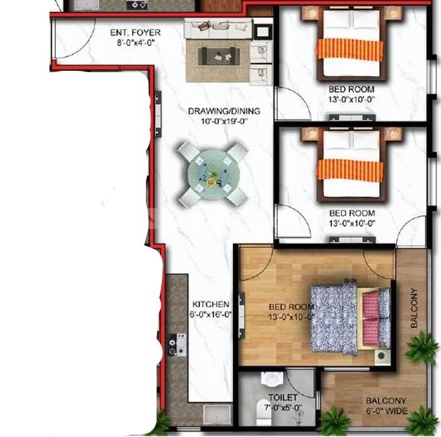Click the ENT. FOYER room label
pyautogui.click(x=135, y=33)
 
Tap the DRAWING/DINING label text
pyautogui.click(x=224, y=111)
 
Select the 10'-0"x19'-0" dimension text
pyautogui.click(x=224, y=122)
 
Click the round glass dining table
pyautogui.click(x=213, y=174)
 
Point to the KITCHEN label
pyautogui.click(x=211, y=304)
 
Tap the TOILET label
pyautogui.click(x=282, y=398)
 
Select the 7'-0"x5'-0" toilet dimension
pyautogui.click(x=283, y=408)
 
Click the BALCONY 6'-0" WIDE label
pyautogui.click(x=386, y=406)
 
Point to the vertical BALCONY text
pyautogui.click(x=414, y=308)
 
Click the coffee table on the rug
pyautogui.click(x=219, y=56)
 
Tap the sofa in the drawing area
pyautogui.click(x=218, y=28)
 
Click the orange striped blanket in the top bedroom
pyautogui.click(x=350, y=49)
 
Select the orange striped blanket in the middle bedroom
pyautogui.click(x=350, y=170)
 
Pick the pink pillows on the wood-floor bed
pyautogui.click(x=371, y=319)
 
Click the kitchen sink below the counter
pyautogui.click(x=217, y=414)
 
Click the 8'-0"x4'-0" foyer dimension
pyautogui.click(x=136, y=43)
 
